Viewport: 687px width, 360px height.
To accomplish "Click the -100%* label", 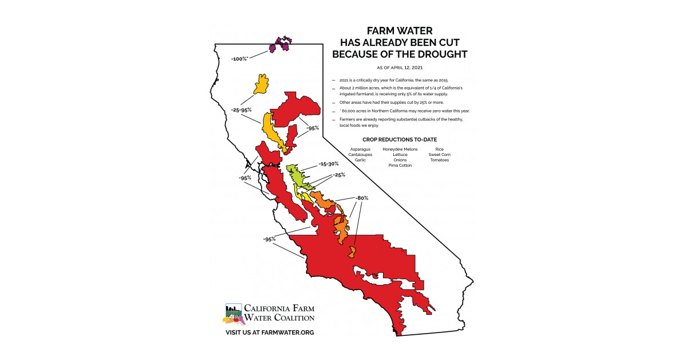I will point(239,59).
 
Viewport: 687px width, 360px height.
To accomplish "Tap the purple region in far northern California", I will point(281,45).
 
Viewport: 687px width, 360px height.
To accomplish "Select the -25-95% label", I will point(242,109).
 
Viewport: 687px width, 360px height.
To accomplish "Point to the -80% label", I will point(361,198).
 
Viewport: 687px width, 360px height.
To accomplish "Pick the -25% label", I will point(339,175).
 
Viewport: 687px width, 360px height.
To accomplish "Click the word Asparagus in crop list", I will point(360,149).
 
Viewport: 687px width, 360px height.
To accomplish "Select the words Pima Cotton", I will point(400,165).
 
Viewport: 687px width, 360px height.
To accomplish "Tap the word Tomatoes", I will point(440,160).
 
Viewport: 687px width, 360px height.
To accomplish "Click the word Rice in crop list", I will point(440,149).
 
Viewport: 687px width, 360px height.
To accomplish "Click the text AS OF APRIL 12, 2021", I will point(400,68).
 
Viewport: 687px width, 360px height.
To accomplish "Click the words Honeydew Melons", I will point(400,149).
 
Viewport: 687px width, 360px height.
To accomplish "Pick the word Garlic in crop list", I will point(360,160).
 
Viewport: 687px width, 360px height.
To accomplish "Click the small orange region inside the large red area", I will point(353,252).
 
